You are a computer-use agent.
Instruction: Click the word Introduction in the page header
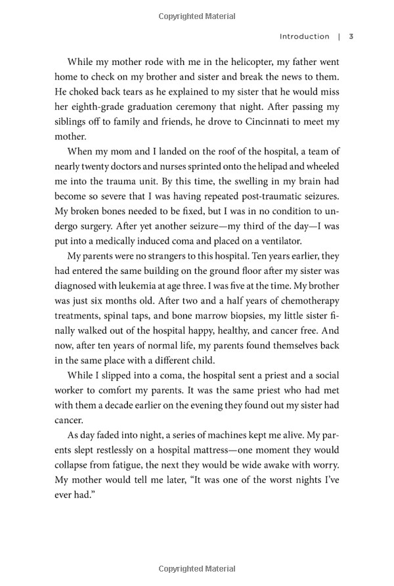click(305, 37)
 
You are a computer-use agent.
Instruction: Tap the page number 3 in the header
click(351, 37)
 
